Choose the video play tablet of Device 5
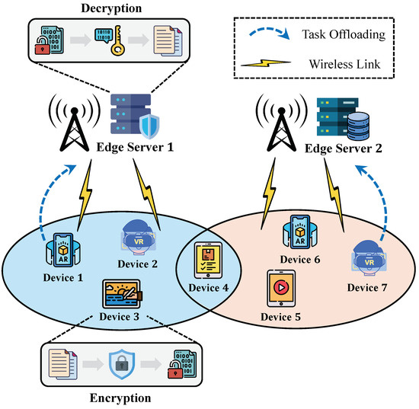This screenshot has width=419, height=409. click(x=280, y=291)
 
